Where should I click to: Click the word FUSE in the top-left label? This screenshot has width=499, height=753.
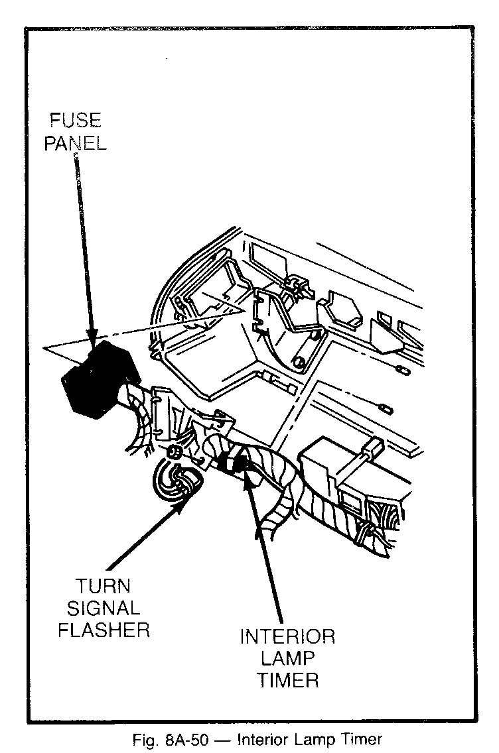coord(75,121)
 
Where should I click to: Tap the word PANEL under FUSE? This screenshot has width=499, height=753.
coord(76,143)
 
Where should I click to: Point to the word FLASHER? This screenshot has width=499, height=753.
coord(103,628)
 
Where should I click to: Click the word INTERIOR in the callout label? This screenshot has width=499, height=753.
coord(287,637)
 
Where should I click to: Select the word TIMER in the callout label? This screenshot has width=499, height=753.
coord(287,680)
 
